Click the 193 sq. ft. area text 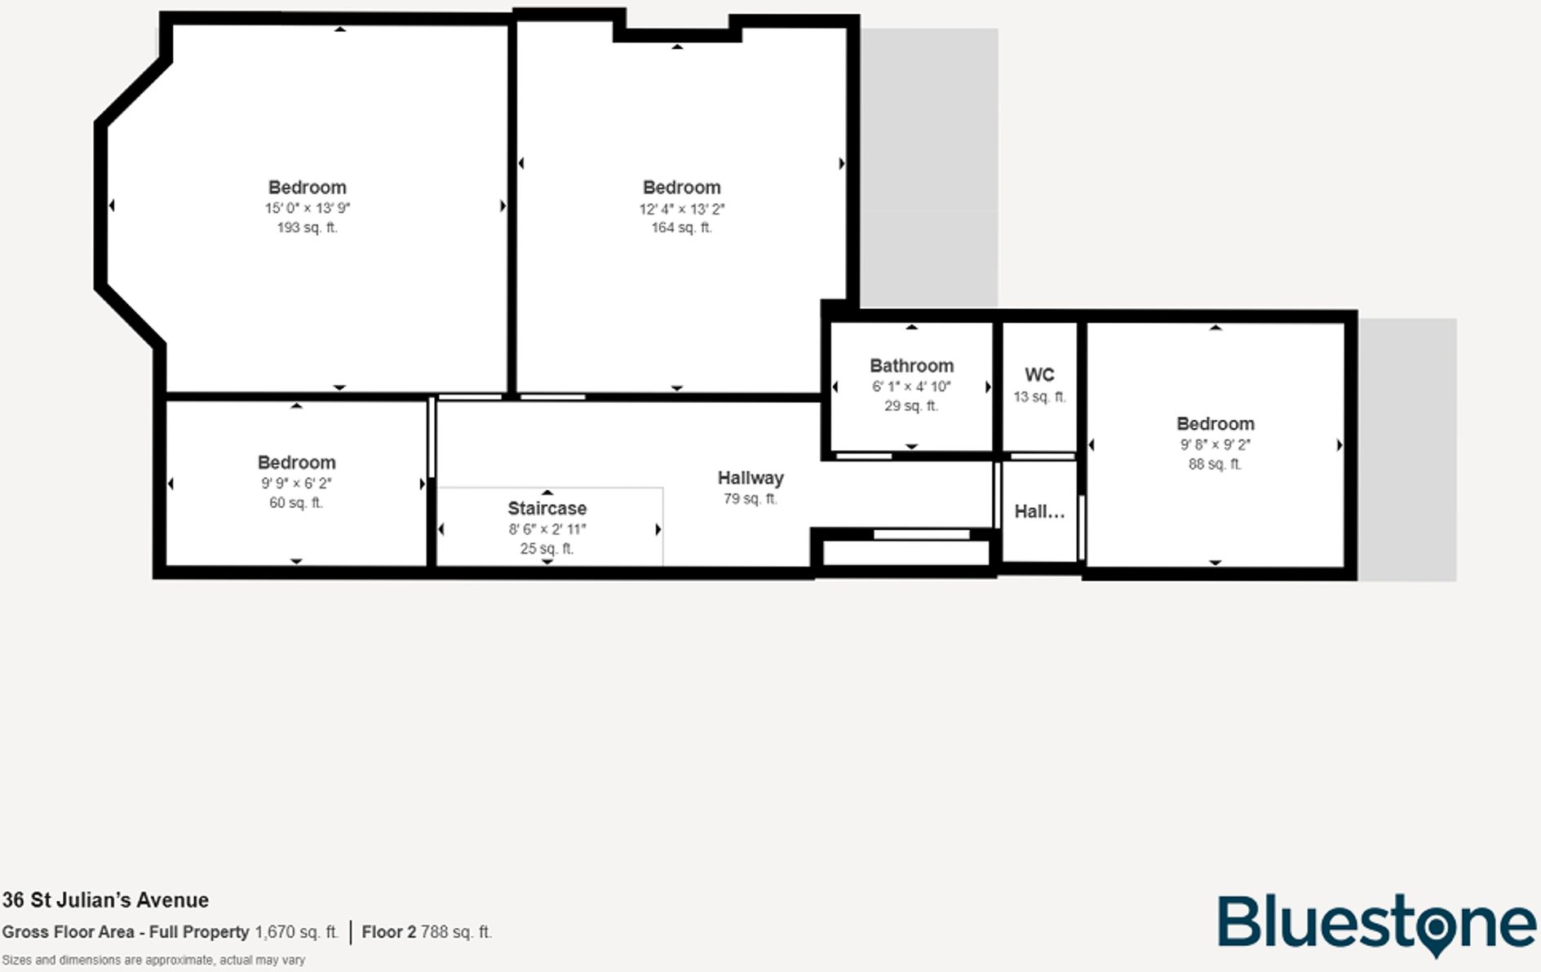307,228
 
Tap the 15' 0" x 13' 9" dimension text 307,208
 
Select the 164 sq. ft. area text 681,228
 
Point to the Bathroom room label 911,366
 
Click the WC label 1039,375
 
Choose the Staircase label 547,509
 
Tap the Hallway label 751,478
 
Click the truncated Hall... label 1039,512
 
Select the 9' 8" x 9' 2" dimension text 1215,445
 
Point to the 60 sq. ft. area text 296,503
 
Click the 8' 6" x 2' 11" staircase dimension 547,529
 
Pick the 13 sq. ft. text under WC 1039,397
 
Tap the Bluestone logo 1376,925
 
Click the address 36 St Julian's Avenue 105,900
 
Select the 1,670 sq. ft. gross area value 296,932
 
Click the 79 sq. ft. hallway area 751,498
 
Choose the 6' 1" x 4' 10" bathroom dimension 911,387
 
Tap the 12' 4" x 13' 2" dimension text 681,210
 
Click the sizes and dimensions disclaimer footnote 153,961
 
